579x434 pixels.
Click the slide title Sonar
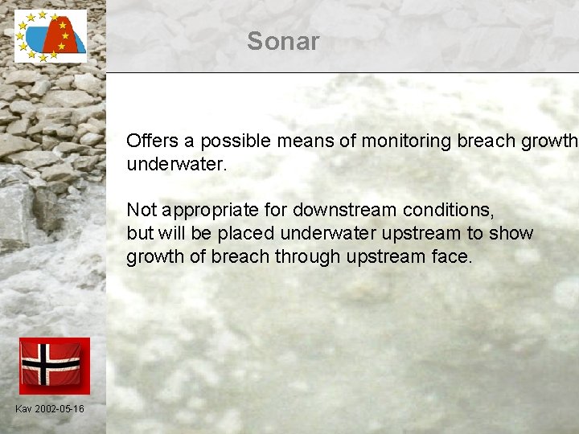coord(283,42)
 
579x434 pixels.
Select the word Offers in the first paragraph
coord(153,141)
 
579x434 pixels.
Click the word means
coord(306,141)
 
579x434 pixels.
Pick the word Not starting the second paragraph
coord(142,211)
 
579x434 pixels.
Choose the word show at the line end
coord(513,234)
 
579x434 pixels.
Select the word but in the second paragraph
coord(139,234)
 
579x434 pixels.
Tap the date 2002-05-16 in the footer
coord(59,409)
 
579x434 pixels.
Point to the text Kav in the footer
coord(23,409)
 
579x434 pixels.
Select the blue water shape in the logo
coord(38,39)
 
